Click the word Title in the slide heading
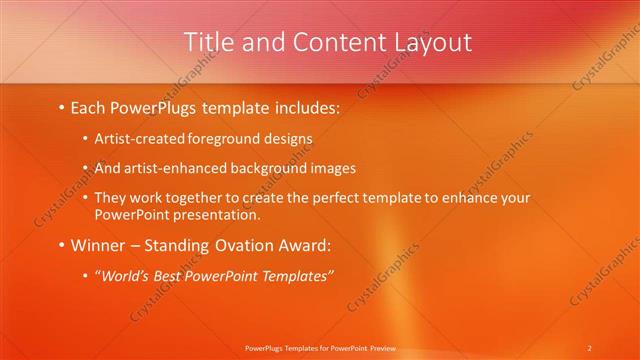[208, 42]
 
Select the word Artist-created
[133, 140]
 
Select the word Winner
[98, 245]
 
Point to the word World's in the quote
[123, 276]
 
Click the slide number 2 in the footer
[590, 348]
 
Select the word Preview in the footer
[383, 348]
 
